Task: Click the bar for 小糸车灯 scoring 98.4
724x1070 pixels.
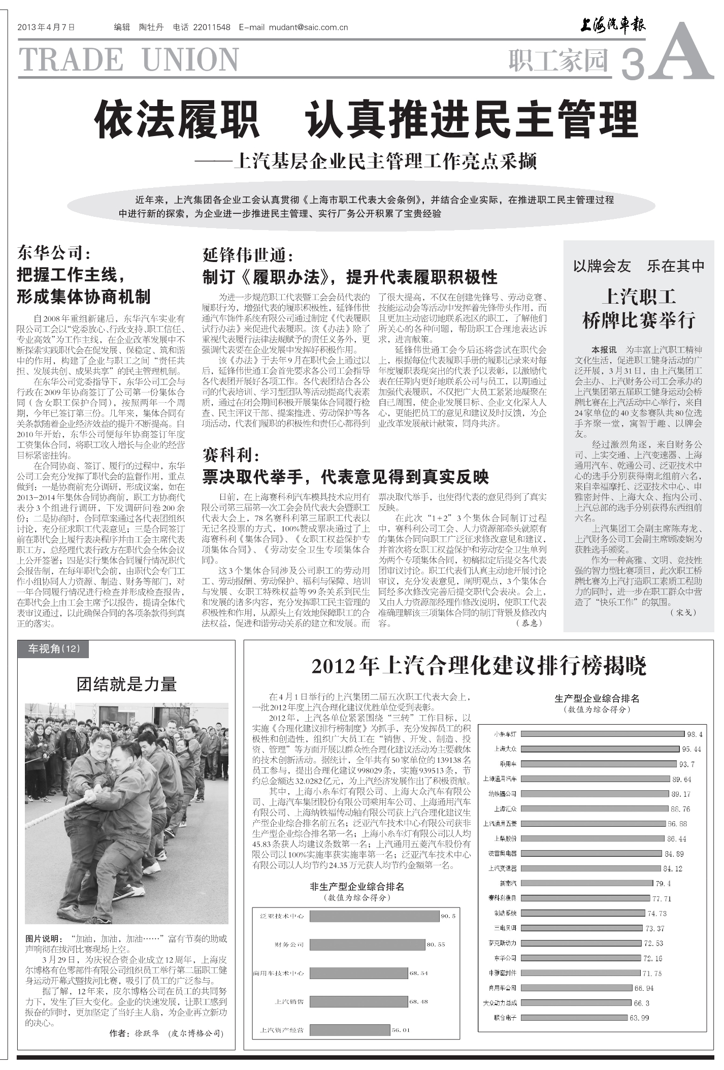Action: [603, 734]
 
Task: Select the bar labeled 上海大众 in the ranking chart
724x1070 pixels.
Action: [600, 749]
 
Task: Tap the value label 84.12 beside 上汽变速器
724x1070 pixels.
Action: [673, 868]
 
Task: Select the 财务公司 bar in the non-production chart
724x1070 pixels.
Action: [367, 945]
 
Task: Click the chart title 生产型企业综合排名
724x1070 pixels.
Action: [597, 699]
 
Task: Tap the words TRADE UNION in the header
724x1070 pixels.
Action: [129, 59]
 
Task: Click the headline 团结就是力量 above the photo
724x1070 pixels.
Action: [126, 684]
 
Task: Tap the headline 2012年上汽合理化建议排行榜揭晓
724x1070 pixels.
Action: [479, 666]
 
